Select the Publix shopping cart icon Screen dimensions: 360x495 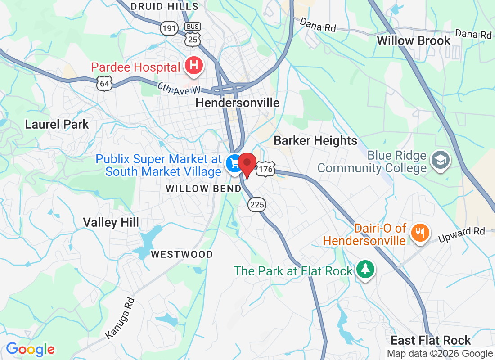234,163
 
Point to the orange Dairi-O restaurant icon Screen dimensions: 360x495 420,232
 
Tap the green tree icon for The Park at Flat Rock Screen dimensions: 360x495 365,270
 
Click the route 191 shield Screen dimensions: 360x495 169,28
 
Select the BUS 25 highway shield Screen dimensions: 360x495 193,34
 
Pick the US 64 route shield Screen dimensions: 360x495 104,84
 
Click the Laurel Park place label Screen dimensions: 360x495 57,124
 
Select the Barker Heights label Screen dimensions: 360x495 315,141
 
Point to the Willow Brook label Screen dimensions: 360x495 413,40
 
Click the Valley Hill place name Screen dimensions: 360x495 111,222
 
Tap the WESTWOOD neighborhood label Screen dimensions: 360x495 182,255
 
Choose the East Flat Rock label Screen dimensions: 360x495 431,340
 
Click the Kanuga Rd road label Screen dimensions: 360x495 120,318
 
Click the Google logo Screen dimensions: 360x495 31,349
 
